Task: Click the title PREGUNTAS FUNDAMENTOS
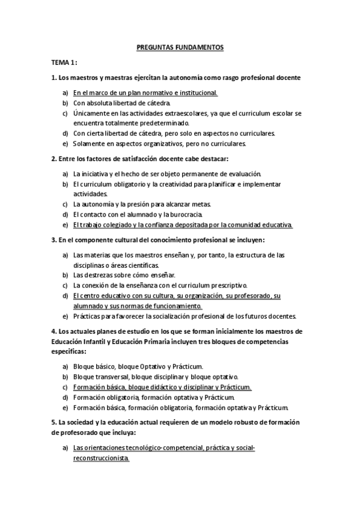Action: click(180, 46)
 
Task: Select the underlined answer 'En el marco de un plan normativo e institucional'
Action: click(145, 93)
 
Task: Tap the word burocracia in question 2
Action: click(189, 214)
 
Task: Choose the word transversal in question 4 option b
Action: click(112, 376)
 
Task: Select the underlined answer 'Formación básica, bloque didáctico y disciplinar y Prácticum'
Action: click(162, 387)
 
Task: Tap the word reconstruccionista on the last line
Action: click(101, 458)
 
